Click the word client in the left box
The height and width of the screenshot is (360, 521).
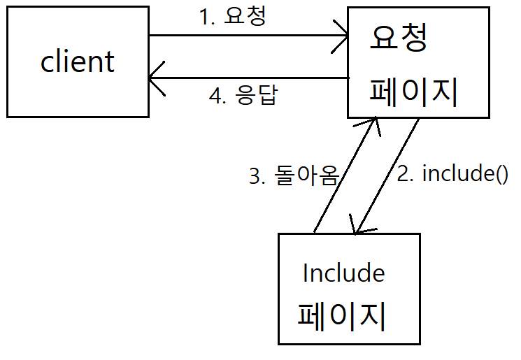point(77,62)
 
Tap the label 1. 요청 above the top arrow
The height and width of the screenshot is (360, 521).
point(233,17)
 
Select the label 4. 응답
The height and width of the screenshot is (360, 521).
point(243,96)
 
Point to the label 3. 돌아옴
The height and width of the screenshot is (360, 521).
point(294,176)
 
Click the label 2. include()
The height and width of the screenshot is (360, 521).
point(452,174)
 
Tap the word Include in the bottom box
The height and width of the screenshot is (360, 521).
point(343,273)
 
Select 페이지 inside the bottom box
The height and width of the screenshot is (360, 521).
point(343,315)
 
